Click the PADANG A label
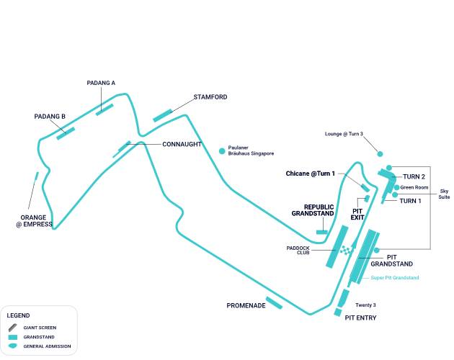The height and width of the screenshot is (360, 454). click(x=101, y=83)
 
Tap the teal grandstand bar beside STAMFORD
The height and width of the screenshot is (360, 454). click(x=162, y=115)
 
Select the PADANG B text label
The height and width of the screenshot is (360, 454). click(x=50, y=116)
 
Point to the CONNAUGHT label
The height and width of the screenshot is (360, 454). click(x=182, y=144)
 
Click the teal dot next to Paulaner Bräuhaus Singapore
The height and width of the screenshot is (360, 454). click(x=222, y=150)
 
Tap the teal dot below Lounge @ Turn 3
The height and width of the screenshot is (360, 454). click(x=380, y=153)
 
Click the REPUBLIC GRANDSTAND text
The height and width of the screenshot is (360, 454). click(x=313, y=210)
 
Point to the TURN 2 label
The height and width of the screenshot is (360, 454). click(x=414, y=176)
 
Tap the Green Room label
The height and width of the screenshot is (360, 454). click(x=414, y=187)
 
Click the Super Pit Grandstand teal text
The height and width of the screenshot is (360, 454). click(x=394, y=278)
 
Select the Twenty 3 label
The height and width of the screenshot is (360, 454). click(x=366, y=305)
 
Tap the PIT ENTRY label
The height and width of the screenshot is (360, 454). click(x=360, y=318)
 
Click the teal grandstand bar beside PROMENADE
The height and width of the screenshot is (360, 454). click(x=274, y=302)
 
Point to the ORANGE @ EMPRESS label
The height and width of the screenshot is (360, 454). click(x=35, y=220)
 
